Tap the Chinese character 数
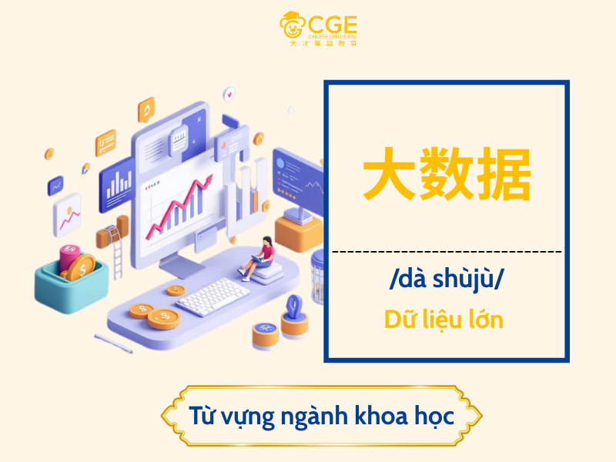447,176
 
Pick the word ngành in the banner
296,417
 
